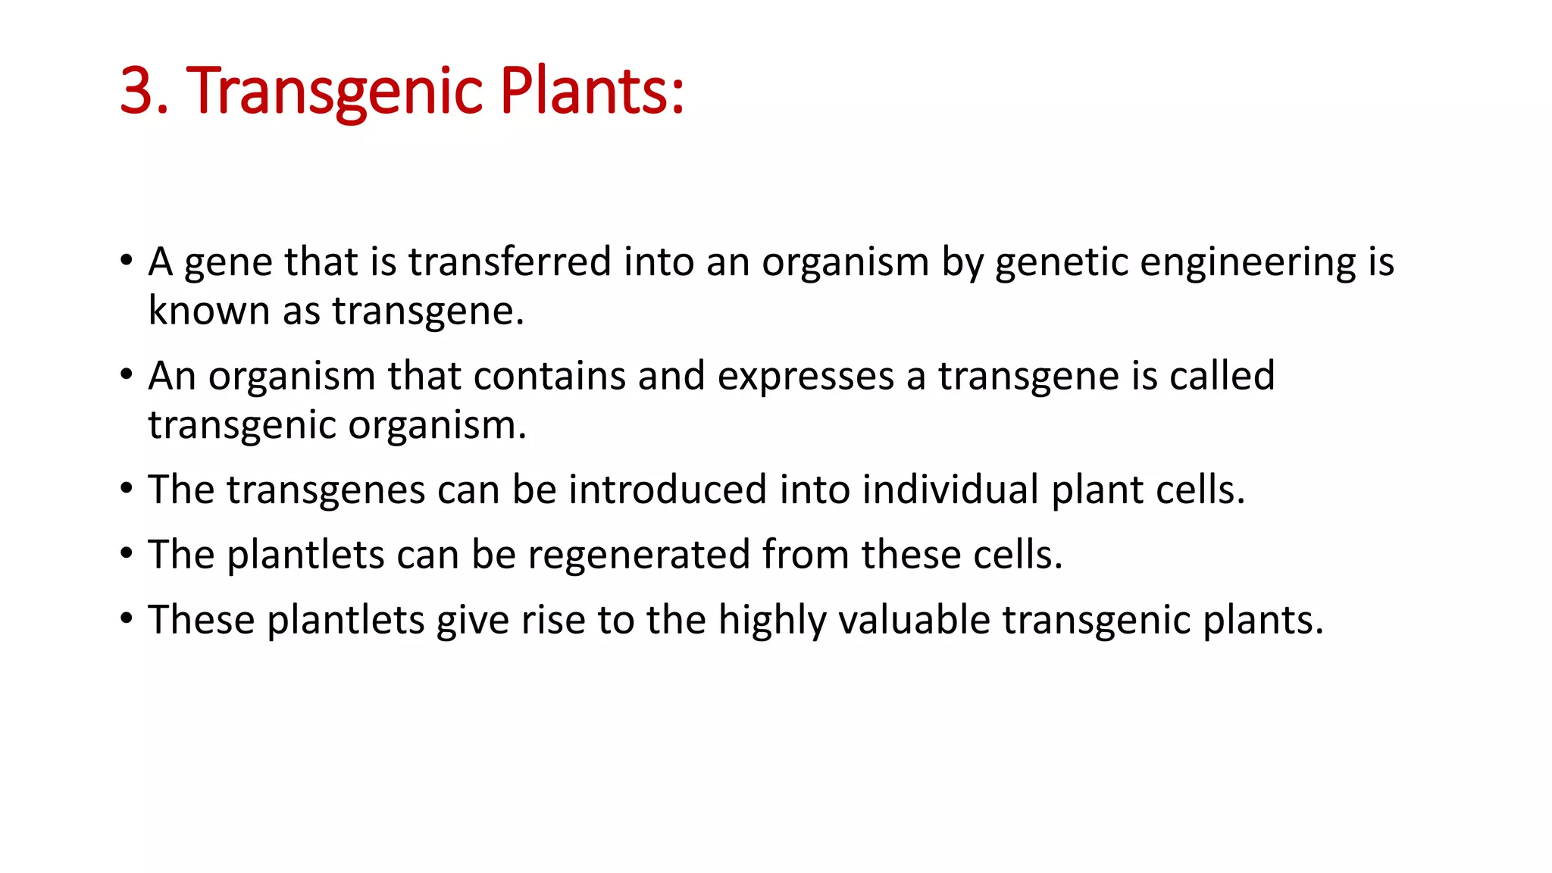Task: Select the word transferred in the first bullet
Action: (509, 262)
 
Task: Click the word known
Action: (209, 311)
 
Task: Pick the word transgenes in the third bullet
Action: (325, 491)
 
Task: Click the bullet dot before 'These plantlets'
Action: (127, 618)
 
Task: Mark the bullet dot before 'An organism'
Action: (127, 374)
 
